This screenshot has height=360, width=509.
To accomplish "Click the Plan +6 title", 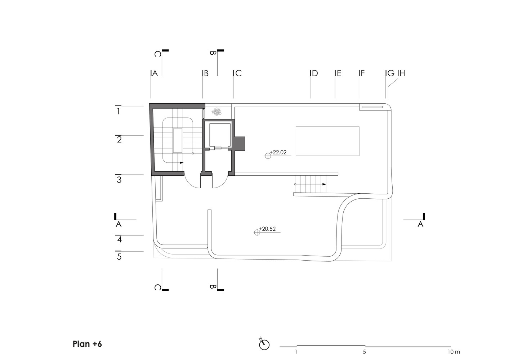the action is [x=87, y=344].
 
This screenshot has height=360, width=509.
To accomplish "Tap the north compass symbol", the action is [x=264, y=345].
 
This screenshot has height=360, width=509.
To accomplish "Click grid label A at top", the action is [x=155, y=73].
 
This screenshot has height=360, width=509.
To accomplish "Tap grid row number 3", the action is [x=119, y=180].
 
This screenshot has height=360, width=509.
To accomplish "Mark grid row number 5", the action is [x=119, y=257].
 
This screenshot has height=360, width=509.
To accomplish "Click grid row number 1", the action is [x=119, y=111].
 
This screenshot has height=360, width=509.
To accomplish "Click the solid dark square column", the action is [x=240, y=143].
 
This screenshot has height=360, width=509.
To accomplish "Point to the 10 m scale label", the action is [x=454, y=352].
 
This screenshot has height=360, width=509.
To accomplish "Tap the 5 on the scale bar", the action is [x=364, y=352].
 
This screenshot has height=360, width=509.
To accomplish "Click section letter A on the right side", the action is [x=420, y=224].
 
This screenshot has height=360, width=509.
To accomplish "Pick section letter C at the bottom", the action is [x=158, y=288].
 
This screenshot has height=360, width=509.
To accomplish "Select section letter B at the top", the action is [x=213, y=53].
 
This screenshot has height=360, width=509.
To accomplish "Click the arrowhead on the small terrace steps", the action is [x=324, y=184].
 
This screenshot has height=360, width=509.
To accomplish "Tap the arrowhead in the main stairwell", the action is [x=182, y=163].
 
